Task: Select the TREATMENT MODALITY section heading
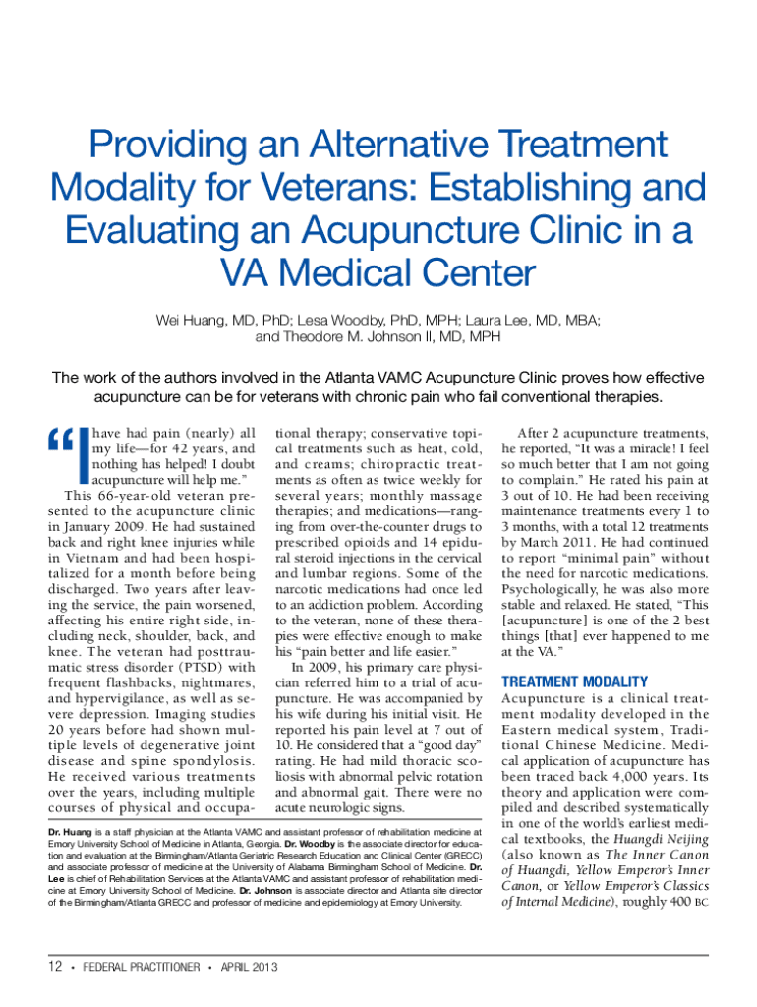(574, 681)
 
